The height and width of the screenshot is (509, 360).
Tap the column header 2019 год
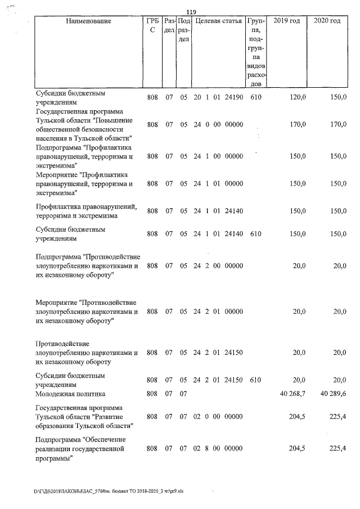pyautogui.click(x=286, y=21)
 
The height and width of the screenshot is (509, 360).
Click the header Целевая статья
pyautogui.click(x=218, y=21)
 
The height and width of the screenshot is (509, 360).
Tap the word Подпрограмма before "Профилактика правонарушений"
pyautogui.click(x=59, y=147)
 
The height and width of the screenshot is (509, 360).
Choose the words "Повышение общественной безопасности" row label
pyautogui.click(x=84, y=124)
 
